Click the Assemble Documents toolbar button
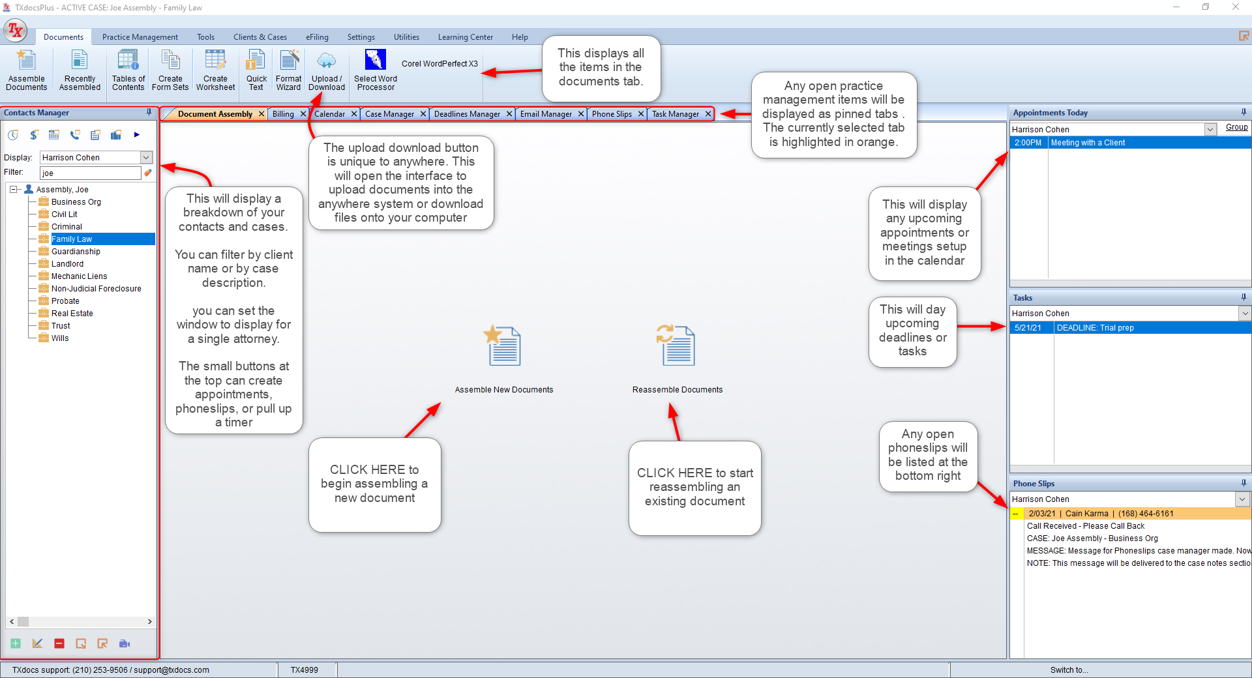[27, 70]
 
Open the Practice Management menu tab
[140, 37]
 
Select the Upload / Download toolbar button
[327, 70]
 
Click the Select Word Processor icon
[376, 59]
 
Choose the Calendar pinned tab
[330, 114]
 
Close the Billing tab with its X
[303, 114]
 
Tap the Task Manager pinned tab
[676, 114]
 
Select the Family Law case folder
[72, 239]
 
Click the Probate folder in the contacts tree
[65, 301]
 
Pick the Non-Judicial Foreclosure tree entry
[96, 289]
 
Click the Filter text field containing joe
[91, 173]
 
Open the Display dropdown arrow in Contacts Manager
[147, 158]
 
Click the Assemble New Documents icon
[503, 346]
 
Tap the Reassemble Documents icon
[676, 346]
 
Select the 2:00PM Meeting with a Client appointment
[1130, 143]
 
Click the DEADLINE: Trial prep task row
[1130, 328]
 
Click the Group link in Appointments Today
[1236, 127]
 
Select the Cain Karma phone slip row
[1130, 514]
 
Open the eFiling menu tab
[317, 37]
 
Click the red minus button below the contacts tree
[59, 643]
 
